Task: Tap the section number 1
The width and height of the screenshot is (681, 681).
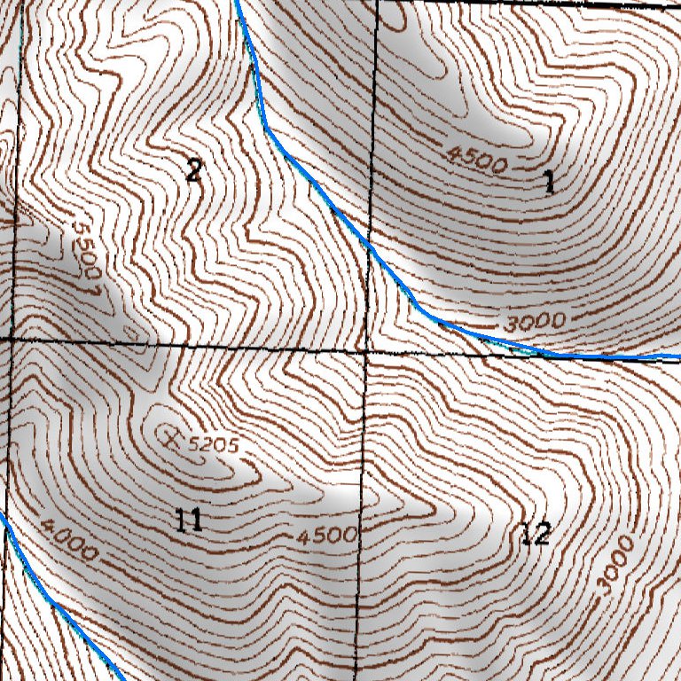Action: (x=549, y=183)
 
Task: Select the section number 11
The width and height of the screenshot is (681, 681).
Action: (x=188, y=521)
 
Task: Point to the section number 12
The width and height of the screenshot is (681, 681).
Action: (x=536, y=534)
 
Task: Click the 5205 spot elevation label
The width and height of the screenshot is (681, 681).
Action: (x=215, y=445)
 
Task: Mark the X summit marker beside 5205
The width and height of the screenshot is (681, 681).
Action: (x=171, y=435)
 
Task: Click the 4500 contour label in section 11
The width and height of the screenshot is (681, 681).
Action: (x=326, y=536)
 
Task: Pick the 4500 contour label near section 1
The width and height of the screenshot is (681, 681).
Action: (x=477, y=160)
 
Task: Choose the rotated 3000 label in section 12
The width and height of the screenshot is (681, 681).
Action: (x=615, y=565)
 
